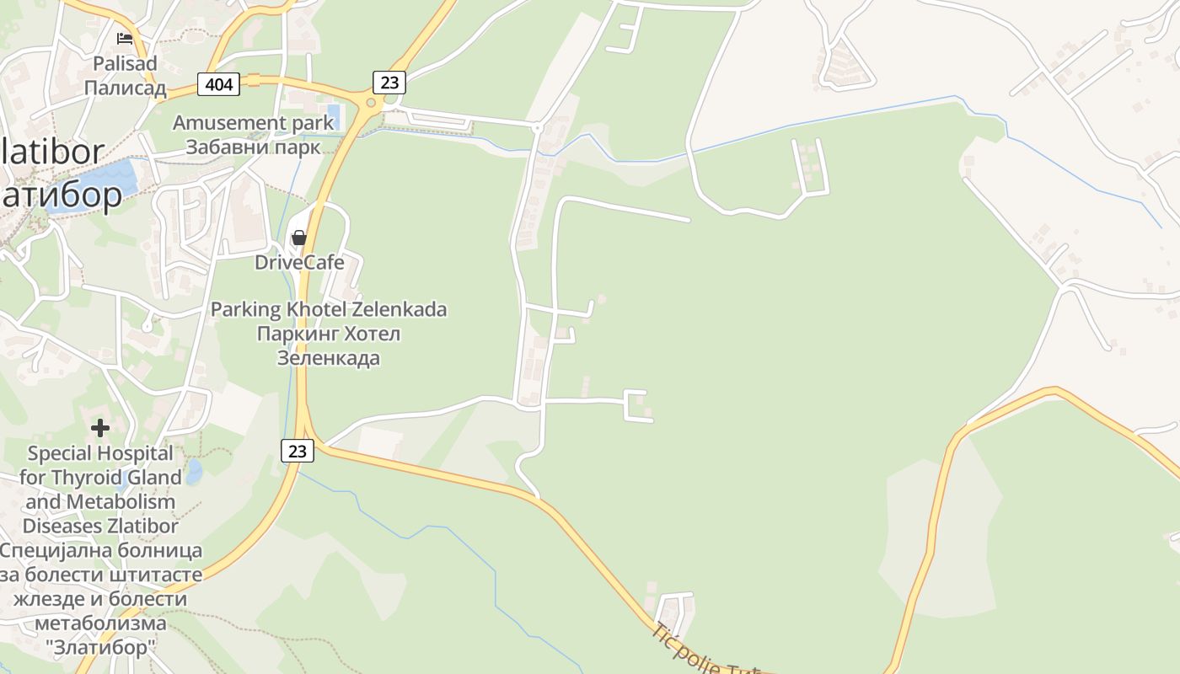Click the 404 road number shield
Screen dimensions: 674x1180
[219, 83]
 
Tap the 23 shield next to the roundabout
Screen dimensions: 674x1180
[389, 82]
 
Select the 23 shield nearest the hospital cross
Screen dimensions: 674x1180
[297, 451]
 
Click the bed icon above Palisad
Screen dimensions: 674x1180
[125, 39]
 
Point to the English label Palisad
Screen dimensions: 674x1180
[125, 63]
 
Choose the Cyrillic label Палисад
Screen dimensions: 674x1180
[125, 88]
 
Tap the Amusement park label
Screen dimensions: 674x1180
[253, 123]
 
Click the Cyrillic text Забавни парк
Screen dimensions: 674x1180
[253, 147]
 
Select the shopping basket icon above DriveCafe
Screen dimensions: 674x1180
[298, 238]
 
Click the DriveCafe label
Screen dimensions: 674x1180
[299, 262]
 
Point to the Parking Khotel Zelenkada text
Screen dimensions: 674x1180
[328, 309]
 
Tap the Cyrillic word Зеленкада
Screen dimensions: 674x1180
[329, 358]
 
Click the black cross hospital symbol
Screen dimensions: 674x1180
[100, 428]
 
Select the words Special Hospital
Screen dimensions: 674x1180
[100, 453]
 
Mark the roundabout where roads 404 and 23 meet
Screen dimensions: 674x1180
[369, 102]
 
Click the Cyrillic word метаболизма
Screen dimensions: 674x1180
[100, 623]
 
